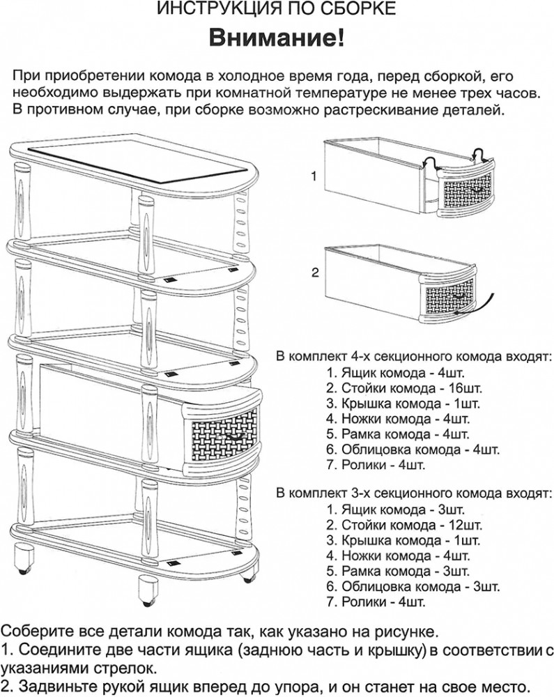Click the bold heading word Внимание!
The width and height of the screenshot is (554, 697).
click(x=277, y=38)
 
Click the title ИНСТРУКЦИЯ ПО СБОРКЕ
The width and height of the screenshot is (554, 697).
click(x=277, y=8)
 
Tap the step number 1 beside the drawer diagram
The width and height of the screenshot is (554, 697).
click(x=314, y=176)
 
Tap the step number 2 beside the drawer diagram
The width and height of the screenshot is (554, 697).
click(x=315, y=272)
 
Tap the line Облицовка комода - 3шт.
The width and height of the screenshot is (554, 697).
click(x=413, y=586)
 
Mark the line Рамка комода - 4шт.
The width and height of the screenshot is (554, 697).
click(x=398, y=434)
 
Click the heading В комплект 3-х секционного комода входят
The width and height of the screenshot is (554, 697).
click(x=414, y=493)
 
